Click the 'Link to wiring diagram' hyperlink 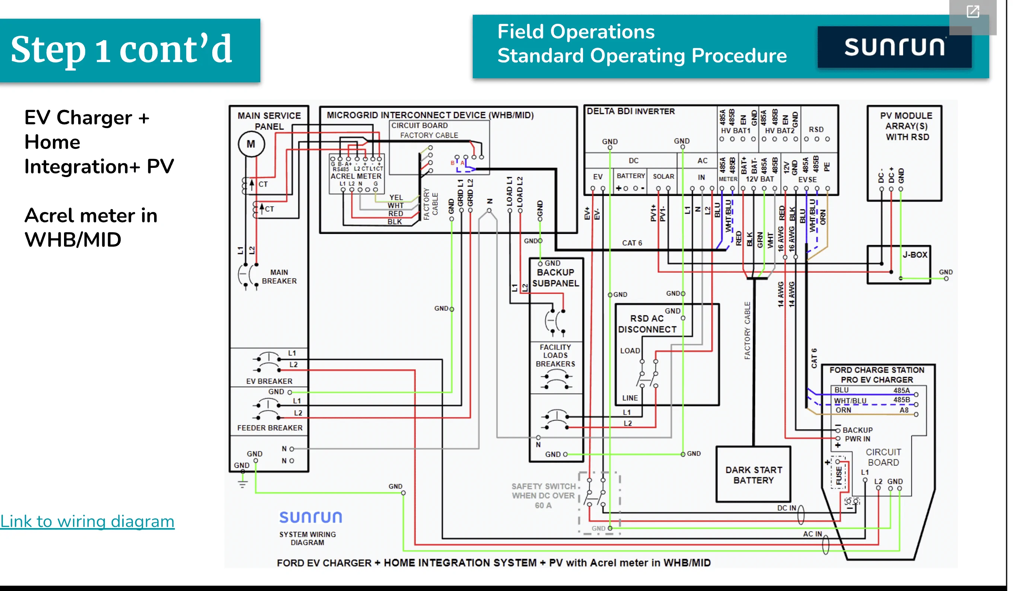tap(87, 521)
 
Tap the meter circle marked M tap(251, 144)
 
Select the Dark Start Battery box tap(754, 475)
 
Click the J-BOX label tap(915, 255)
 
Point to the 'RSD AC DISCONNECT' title tap(647, 324)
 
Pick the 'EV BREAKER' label tap(269, 381)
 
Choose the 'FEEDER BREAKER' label tap(270, 428)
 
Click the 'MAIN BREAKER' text tap(279, 277)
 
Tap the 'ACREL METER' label tap(356, 176)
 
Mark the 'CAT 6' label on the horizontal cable tap(632, 243)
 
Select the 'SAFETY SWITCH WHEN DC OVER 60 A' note tap(543, 496)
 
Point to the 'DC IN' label tap(786, 508)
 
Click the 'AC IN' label tap(812, 534)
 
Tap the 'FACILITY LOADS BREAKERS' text tap(555, 355)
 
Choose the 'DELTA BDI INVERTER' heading tap(631, 111)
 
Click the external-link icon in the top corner tap(973, 12)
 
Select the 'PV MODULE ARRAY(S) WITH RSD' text tap(907, 126)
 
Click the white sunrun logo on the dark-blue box tap(894, 47)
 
